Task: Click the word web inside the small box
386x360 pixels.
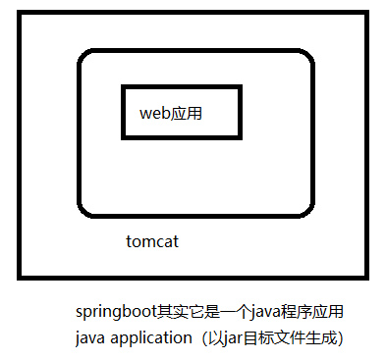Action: click(x=154, y=113)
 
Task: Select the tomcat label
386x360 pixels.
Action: click(x=152, y=240)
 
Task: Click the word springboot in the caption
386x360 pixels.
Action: click(x=113, y=313)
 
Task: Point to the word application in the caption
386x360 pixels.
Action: click(x=156, y=338)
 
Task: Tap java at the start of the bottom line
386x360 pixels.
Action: click(x=91, y=338)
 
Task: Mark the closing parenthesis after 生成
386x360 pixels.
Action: click(x=339, y=338)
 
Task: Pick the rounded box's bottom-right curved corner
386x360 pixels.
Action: click(x=309, y=209)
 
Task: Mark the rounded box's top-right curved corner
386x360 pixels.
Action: click(x=309, y=58)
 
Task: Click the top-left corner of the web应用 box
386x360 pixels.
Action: click(x=124, y=87)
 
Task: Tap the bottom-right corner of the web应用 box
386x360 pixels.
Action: click(x=240, y=136)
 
